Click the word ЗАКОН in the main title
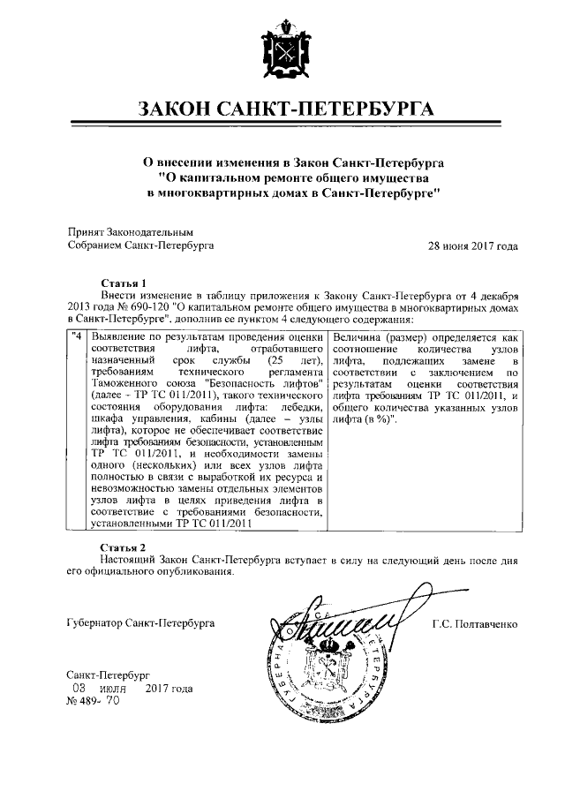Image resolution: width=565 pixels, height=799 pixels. pos(175,110)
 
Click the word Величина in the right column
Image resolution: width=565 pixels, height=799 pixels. pos(358,337)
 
